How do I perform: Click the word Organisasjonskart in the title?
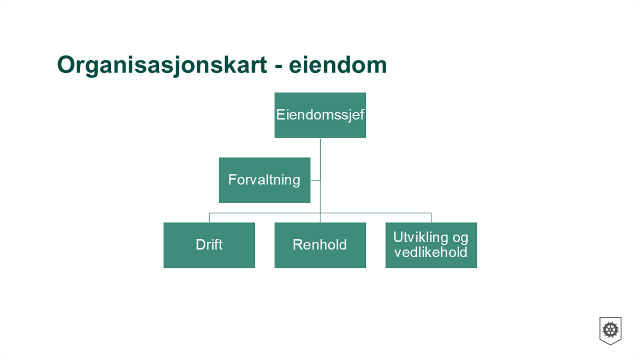(x=162, y=66)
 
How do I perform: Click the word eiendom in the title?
(x=338, y=65)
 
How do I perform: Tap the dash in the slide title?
(x=278, y=67)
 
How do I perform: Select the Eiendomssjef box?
(x=320, y=115)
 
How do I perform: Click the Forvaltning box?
(x=265, y=180)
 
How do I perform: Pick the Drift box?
(x=209, y=245)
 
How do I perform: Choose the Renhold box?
(x=320, y=245)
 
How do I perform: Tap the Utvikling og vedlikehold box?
(x=431, y=245)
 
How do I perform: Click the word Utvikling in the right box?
(x=421, y=237)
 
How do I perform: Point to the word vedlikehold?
(x=431, y=252)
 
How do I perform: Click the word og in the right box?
(x=460, y=239)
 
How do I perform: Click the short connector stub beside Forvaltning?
(x=315, y=180)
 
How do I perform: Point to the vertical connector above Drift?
(x=209, y=218)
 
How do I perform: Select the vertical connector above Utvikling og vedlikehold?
(x=431, y=218)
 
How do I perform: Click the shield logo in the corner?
(x=610, y=331)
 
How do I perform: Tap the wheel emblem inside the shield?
(x=610, y=330)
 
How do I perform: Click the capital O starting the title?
(x=67, y=65)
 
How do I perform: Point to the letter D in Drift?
(x=201, y=245)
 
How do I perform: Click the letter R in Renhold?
(x=298, y=245)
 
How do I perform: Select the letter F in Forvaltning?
(x=233, y=180)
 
